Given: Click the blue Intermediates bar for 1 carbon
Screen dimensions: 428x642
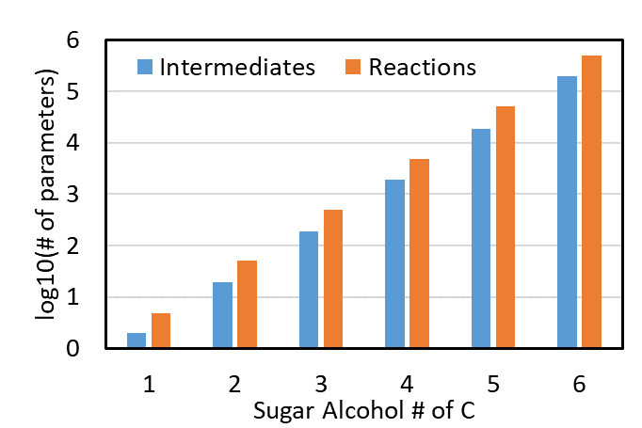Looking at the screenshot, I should (136, 341).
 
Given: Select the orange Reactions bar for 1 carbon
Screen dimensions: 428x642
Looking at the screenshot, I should (161, 331).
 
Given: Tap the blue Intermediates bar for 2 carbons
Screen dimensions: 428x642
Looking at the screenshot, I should (222, 315).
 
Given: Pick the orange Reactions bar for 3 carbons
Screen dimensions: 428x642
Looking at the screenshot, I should (333, 279).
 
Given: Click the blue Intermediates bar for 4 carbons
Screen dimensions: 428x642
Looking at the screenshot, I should (395, 264).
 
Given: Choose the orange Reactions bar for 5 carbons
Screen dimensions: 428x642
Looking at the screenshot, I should (506, 228).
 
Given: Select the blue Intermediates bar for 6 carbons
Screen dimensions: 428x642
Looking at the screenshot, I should (567, 213).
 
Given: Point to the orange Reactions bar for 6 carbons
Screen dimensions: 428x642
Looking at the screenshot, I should (591, 202).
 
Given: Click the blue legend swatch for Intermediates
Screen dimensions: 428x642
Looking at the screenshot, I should (145, 67).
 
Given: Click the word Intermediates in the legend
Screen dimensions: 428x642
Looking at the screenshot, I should (236, 67).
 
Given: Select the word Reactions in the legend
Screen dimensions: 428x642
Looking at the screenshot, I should (423, 67).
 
